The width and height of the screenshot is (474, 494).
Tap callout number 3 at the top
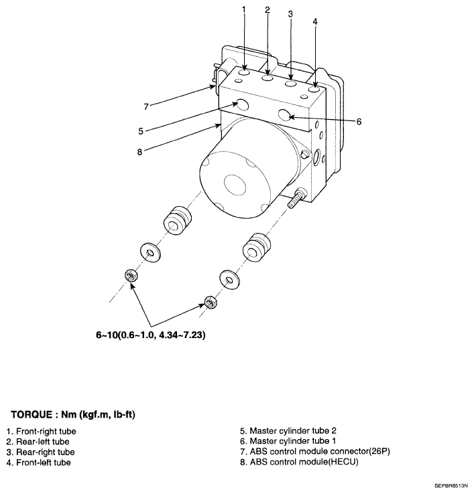(290, 13)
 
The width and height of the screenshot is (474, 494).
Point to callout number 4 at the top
(315, 21)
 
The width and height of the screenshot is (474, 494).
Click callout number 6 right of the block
(359, 122)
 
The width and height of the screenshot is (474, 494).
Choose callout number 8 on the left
(139, 151)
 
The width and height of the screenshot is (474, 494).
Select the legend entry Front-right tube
(41, 432)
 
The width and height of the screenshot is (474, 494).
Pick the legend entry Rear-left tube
(38, 442)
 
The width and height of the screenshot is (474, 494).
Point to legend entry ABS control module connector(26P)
(314, 452)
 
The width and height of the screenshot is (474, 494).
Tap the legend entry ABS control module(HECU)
(302, 462)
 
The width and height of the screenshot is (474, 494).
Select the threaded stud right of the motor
(296, 198)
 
